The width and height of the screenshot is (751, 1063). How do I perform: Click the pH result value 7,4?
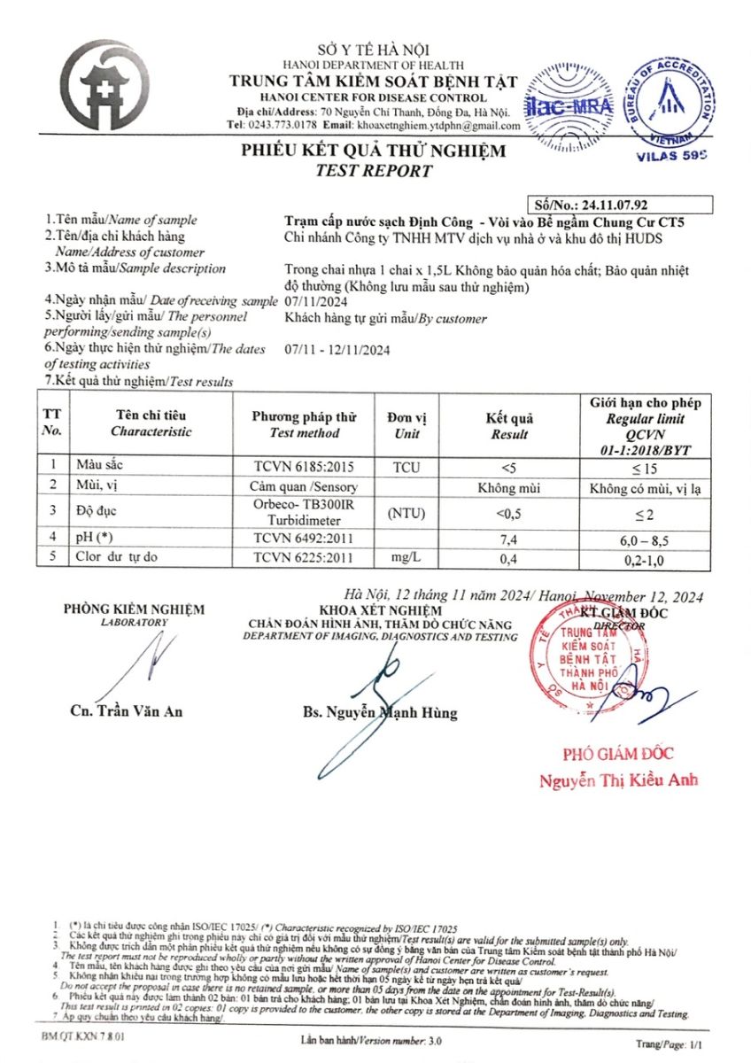[x=509, y=537]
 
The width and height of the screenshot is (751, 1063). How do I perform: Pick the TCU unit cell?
[x=406, y=462]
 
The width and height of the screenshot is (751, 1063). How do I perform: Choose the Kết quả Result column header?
[x=509, y=426]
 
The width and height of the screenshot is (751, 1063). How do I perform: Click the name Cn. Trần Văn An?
[x=126, y=711]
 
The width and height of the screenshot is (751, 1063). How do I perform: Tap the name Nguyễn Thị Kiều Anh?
[x=619, y=780]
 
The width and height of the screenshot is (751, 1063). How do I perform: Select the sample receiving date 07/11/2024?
[x=314, y=301]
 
